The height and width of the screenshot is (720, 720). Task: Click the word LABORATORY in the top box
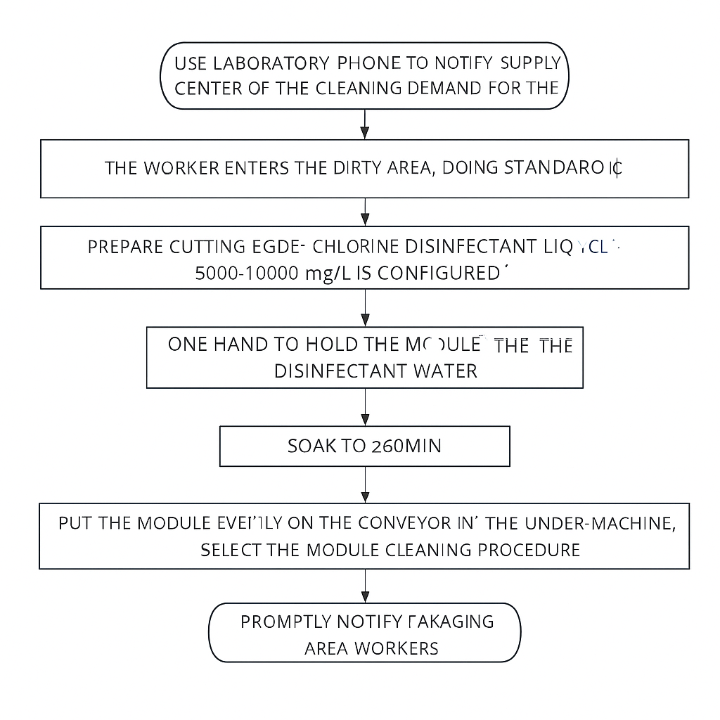click(x=271, y=63)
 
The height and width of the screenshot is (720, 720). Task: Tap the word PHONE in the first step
click(x=368, y=63)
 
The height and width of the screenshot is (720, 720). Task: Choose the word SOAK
click(x=311, y=446)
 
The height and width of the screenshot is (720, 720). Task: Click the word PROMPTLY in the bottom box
click(x=286, y=622)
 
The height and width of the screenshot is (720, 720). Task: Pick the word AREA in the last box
click(x=326, y=648)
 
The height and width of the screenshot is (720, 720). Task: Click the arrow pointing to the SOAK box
click(x=365, y=407)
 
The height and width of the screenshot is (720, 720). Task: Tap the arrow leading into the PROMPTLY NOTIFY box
click(x=365, y=586)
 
